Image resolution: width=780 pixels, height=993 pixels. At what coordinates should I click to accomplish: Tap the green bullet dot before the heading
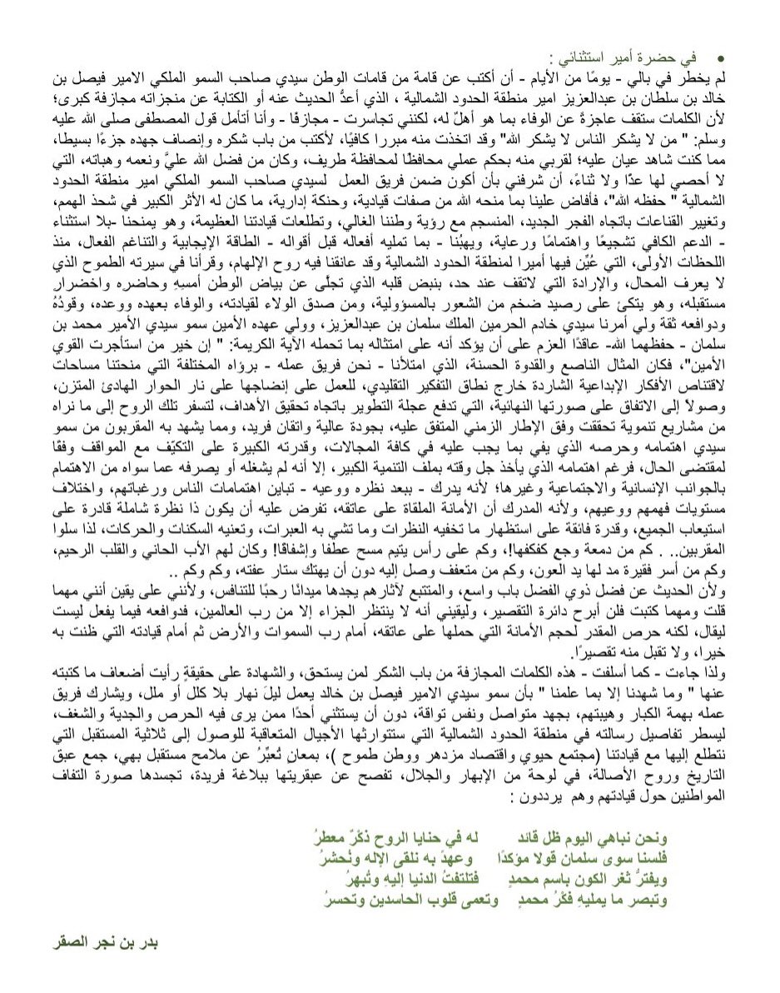pyautogui.click(x=721, y=57)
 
